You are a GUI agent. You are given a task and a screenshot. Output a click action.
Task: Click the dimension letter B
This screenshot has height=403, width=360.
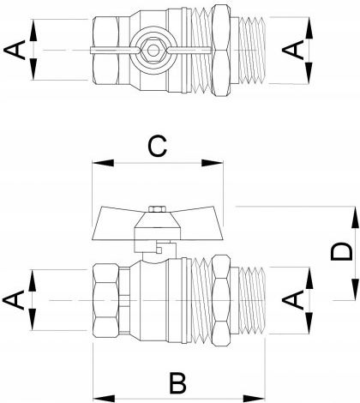pyautogui.click(x=177, y=382)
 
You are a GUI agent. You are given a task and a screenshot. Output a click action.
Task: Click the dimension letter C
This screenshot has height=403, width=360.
pyautogui.click(x=158, y=146)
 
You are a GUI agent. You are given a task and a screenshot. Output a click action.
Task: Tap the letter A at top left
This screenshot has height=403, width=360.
pyautogui.click(x=15, y=50)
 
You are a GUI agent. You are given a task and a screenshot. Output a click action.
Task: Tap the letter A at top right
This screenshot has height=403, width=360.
pyautogui.click(x=292, y=50)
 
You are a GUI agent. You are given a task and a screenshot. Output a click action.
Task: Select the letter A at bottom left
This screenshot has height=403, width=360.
pyautogui.click(x=14, y=299)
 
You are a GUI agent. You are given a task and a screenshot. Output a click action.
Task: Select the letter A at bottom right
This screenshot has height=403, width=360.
pyautogui.click(x=292, y=299)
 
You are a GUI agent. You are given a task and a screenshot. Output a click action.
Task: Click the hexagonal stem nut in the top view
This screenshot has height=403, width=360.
pyautogui.click(x=153, y=51)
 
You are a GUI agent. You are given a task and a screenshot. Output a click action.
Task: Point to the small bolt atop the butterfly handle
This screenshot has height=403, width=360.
pyautogui.click(x=157, y=209)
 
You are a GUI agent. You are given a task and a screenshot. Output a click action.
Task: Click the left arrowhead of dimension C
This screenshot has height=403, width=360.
pyautogui.click(x=103, y=163)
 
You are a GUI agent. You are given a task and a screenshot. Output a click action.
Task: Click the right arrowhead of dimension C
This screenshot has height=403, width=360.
pyautogui.click(x=212, y=163)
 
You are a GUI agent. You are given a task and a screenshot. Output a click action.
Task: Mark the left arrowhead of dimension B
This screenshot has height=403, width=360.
pyautogui.click(x=105, y=399)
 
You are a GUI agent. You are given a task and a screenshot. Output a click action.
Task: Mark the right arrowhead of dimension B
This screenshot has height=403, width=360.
pyautogui.click(x=254, y=399)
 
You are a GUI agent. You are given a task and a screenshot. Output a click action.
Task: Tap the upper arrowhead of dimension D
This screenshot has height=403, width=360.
pyautogui.click(x=355, y=217)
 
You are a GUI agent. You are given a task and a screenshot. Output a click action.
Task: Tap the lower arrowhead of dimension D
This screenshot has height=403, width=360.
pyautogui.click(x=355, y=289)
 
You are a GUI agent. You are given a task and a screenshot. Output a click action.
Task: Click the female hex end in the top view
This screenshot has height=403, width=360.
pyautogui.click(x=106, y=51)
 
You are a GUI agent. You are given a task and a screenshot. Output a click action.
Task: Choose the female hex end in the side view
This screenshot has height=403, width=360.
pyautogui.click(x=106, y=300)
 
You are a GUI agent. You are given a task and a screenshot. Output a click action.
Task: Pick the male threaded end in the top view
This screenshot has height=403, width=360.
pyautogui.click(x=251, y=51)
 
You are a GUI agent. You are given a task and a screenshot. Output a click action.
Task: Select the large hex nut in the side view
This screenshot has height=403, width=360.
pyautogui.click(x=221, y=301)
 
